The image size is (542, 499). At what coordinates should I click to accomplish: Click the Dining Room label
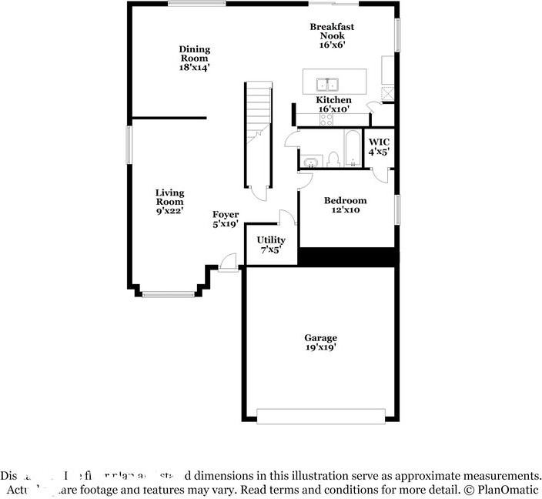(195, 59)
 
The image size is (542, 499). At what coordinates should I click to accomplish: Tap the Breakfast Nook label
(327, 35)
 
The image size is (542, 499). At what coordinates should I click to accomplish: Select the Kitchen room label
(334, 105)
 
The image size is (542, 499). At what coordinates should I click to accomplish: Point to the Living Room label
(169, 202)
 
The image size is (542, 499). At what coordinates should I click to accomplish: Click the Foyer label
(226, 219)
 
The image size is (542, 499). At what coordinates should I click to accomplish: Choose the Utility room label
(271, 245)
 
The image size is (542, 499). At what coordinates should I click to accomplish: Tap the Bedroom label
(346, 205)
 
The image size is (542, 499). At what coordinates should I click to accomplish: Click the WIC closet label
(379, 147)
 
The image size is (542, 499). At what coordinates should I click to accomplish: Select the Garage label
(320, 343)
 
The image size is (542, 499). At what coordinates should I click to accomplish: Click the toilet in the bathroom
(333, 159)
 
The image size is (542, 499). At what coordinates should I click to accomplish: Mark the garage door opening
(321, 416)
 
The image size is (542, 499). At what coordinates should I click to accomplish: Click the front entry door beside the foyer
(228, 263)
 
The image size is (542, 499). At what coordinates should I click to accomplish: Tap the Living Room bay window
(169, 293)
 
